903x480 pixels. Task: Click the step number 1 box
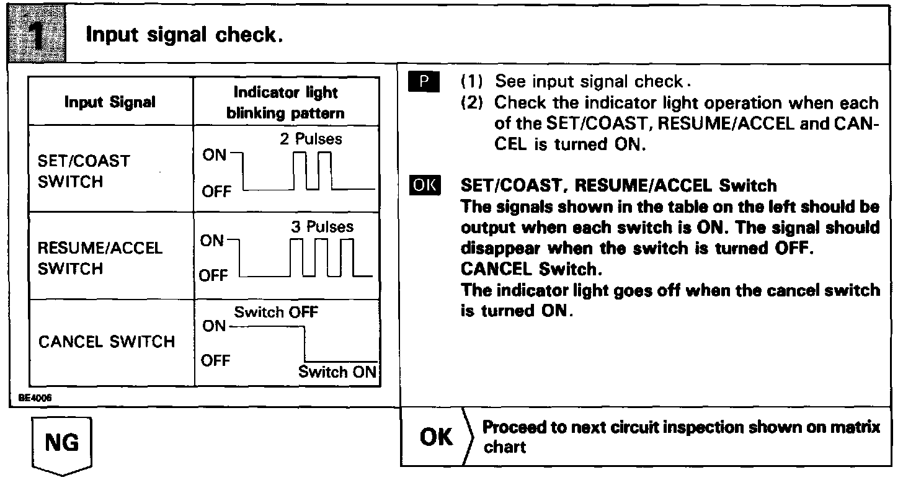coord(36,34)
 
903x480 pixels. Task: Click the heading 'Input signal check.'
coord(184,35)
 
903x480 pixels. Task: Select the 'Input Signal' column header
coord(110,102)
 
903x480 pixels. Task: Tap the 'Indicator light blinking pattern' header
coord(285,102)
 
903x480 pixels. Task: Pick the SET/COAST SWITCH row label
coord(84,171)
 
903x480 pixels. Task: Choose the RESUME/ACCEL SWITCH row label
coord(100,258)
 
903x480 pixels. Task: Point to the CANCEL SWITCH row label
coord(107,342)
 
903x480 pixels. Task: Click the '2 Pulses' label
coord(311,139)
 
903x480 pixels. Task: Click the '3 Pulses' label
coord(322,227)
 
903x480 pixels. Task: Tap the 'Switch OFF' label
coord(276,312)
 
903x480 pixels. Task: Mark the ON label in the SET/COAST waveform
coord(215,155)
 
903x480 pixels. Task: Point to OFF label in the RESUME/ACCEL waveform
coord(215,275)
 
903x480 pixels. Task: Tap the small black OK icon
coord(424,185)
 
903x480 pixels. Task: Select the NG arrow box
coord(62,444)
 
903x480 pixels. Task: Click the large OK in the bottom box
coord(437,437)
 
